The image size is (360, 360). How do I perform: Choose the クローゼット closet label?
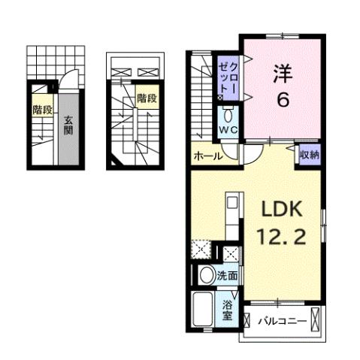[x=228, y=78]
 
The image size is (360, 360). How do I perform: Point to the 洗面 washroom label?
[x=227, y=276]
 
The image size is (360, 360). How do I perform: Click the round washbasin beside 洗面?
[x=205, y=275]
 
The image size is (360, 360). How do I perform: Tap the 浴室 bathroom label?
[x=227, y=310]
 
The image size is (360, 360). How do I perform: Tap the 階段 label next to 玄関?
[x=42, y=109]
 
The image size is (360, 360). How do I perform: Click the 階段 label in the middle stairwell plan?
[x=146, y=97]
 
